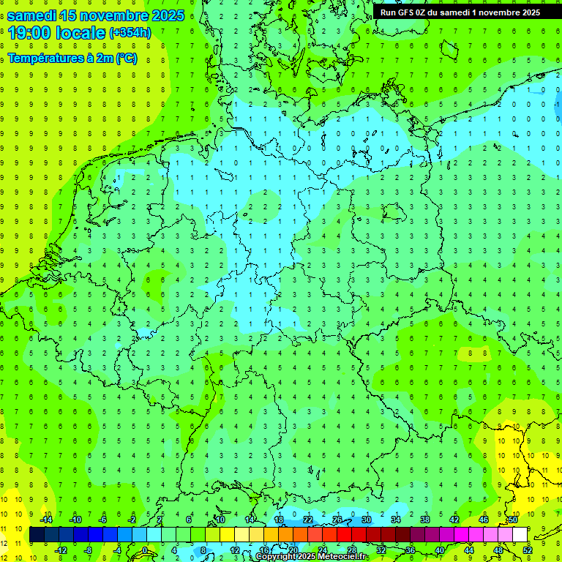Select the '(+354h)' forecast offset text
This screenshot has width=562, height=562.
point(130,33)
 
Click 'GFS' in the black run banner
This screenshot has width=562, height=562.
point(410,12)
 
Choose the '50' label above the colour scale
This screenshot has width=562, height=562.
point(512,520)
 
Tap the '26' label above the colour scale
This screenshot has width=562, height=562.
point(337,520)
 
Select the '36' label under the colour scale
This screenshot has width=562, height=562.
point(411,550)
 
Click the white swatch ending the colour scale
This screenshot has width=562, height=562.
point(520,535)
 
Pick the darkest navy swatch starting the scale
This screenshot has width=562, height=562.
point(37,535)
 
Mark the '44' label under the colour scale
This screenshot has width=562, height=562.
point(469,550)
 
